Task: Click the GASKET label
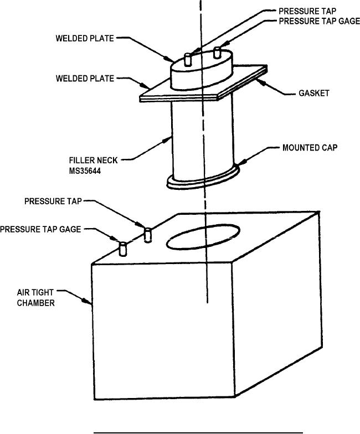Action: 313,93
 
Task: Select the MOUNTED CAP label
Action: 310,147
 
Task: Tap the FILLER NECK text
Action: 93,161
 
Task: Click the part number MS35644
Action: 85,171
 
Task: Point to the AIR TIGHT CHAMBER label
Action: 35,298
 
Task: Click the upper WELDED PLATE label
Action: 85,38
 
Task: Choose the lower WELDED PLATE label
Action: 85,79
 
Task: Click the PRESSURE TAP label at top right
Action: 307,11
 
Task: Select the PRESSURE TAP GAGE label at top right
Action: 319,21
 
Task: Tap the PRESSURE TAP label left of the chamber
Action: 53,201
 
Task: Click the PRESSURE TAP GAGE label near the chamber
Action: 40,229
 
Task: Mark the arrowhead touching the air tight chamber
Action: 88,301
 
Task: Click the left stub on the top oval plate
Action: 188,59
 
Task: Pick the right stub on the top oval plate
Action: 217,53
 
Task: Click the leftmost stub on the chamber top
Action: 123,249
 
